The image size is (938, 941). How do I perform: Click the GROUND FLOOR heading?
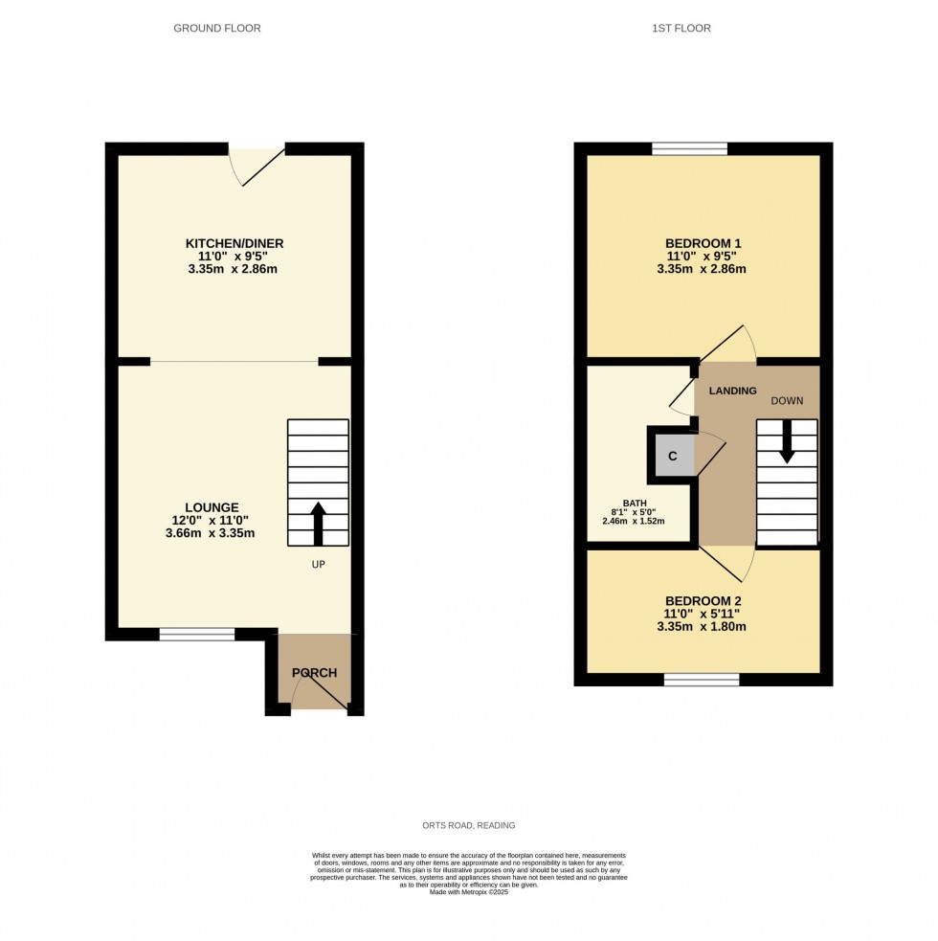pyautogui.click(x=216, y=29)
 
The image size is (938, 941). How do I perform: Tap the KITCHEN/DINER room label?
pyautogui.click(x=234, y=243)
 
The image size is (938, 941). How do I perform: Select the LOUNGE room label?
pyautogui.click(x=212, y=507)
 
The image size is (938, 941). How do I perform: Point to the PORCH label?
pyautogui.click(x=315, y=673)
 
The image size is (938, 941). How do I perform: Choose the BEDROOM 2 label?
pyautogui.click(x=703, y=600)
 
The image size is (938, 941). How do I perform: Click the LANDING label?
pyautogui.click(x=732, y=391)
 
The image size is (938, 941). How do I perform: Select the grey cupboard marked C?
pyautogui.click(x=672, y=455)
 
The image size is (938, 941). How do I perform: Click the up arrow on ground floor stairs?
pyautogui.click(x=318, y=522)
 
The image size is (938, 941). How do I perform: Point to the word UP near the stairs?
pyautogui.click(x=318, y=565)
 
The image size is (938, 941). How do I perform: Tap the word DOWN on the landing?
pyautogui.click(x=787, y=400)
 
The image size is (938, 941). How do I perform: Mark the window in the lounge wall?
pyautogui.click(x=196, y=634)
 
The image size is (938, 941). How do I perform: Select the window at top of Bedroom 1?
pyautogui.click(x=689, y=148)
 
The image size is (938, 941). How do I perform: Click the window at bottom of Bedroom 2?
pyautogui.click(x=702, y=680)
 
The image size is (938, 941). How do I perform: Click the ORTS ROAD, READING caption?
pyautogui.click(x=469, y=825)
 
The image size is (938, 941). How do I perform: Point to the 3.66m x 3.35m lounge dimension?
pyautogui.click(x=210, y=533)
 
